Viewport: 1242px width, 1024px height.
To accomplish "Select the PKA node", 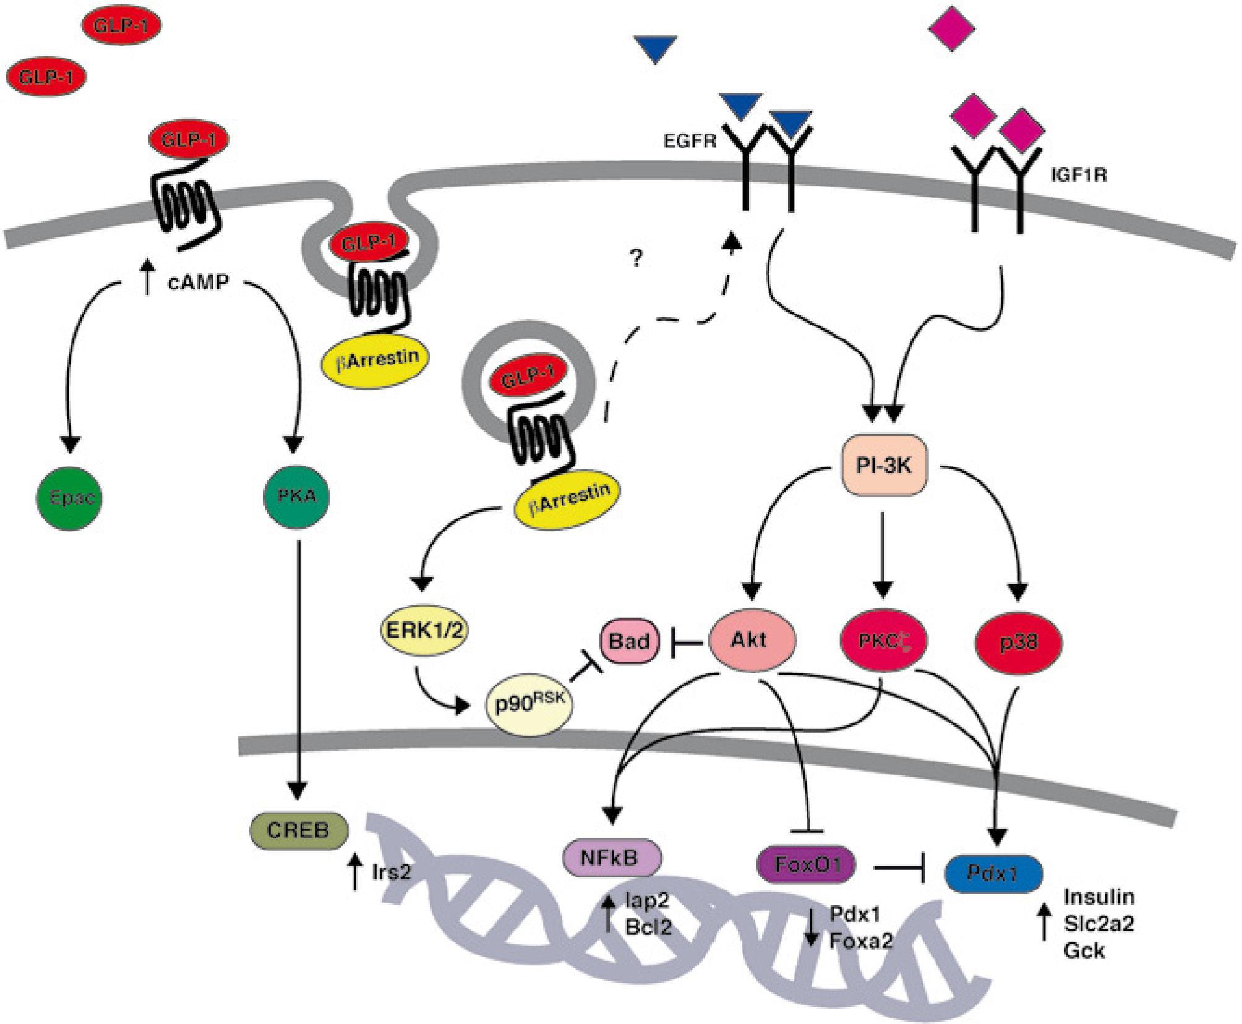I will [x=297, y=496].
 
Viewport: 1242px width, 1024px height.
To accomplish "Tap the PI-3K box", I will [x=884, y=466].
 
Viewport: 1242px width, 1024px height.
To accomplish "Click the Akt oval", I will [x=751, y=640].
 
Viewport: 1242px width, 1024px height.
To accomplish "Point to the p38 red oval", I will [x=1018, y=642].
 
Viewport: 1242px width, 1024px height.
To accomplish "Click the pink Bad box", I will [x=628, y=641].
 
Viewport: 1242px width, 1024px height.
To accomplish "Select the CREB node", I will [x=299, y=829].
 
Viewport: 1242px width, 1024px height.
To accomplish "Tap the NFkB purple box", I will [x=612, y=858].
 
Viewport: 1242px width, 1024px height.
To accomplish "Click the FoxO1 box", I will [x=807, y=864].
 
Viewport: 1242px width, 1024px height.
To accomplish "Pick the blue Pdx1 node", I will [x=993, y=873].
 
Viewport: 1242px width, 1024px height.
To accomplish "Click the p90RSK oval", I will [x=529, y=704].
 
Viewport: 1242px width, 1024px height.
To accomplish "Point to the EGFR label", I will [x=689, y=142].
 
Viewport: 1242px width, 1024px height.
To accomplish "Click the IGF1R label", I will [x=1079, y=176].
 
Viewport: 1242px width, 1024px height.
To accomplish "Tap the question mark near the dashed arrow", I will [x=636, y=258].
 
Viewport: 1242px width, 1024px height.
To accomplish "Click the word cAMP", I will [x=198, y=283].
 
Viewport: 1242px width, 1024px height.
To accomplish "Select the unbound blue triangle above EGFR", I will [x=655, y=49].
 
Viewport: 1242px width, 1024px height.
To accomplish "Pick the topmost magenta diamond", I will [x=952, y=28].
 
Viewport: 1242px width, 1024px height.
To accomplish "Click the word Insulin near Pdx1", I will [x=1099, y=897].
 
